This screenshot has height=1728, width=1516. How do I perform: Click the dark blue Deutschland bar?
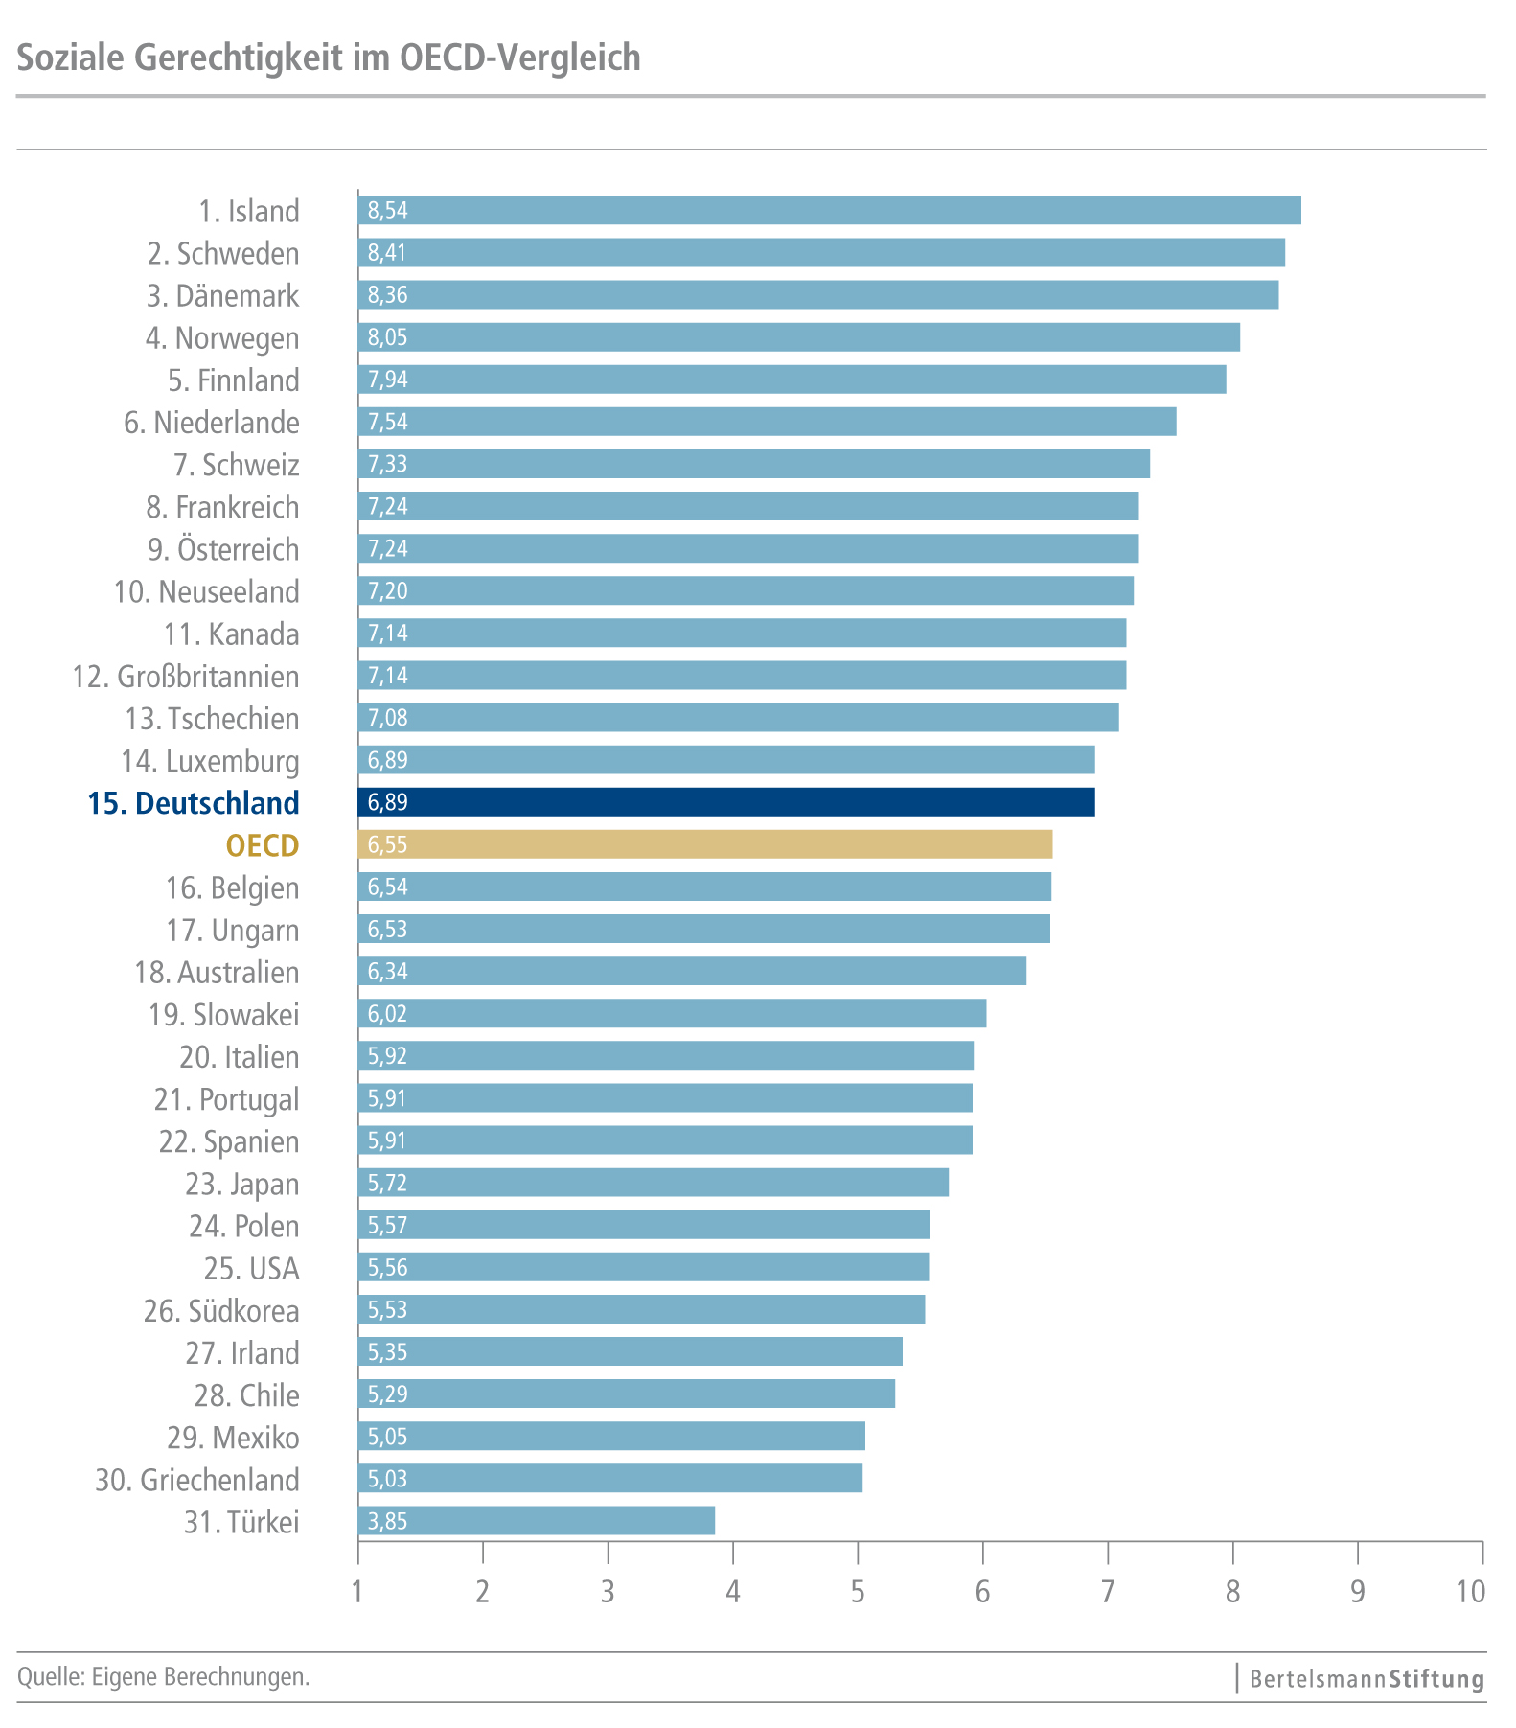(x=725, y=802)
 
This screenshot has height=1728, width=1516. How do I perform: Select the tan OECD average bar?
(x=704, y=844)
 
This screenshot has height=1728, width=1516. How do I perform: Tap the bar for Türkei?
(x=536, y=1520)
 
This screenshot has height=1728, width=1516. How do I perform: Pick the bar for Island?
(x=829, y=210)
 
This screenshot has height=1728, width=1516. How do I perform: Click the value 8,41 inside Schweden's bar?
(x=387, y=253)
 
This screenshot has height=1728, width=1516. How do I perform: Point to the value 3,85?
(x=387, y=1521)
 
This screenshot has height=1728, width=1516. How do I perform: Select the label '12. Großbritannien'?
(x=186, y=677)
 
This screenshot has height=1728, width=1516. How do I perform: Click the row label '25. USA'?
(x=251, y=1268)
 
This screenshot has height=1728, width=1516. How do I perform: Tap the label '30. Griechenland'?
(x=196, y=1480)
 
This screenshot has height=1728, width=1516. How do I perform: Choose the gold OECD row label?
(x=263, y=845)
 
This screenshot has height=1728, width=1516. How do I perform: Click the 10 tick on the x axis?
(x=1470, y=1593)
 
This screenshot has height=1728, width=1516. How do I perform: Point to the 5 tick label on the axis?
(x=858, y=1593)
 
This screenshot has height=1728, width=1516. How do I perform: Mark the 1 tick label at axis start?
(x=357, y=1593)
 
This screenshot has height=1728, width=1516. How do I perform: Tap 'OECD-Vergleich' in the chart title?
(x=519, y=58)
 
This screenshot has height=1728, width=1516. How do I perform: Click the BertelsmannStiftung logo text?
(x=1367, y=1679)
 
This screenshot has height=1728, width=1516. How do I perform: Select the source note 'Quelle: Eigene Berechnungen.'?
(x=164, y=1677)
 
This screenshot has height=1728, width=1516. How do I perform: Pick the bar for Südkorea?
(x=641, y=1309)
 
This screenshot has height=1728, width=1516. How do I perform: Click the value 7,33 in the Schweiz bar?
(x=387, y=464)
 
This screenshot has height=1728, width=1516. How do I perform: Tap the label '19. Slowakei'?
(x=223, y=1014)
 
